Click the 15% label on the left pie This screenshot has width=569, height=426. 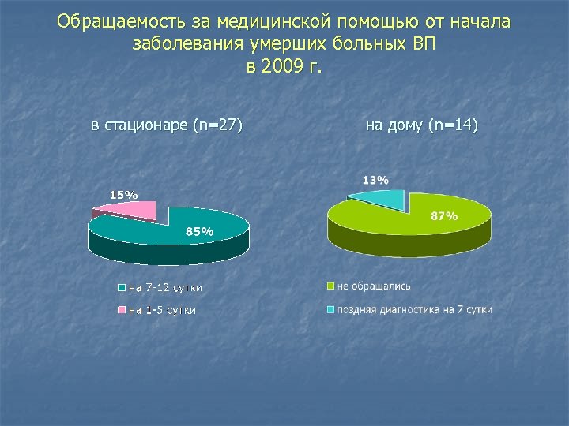[122, 193]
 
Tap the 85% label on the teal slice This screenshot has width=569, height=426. [199, 231]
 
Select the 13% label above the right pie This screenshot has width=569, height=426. [375, 180]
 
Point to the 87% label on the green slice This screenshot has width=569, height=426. [444, 215]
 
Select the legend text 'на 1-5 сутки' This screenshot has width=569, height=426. [162, 310]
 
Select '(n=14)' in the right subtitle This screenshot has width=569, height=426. [452, 125]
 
